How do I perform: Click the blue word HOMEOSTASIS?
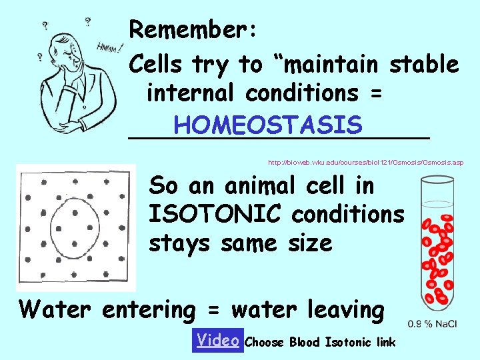tap(267, 125)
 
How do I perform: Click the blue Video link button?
tap(217, 340)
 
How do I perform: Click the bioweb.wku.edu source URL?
tap(365, 162)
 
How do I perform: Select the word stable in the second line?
tap(424, 64)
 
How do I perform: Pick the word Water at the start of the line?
tap(57, 309)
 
